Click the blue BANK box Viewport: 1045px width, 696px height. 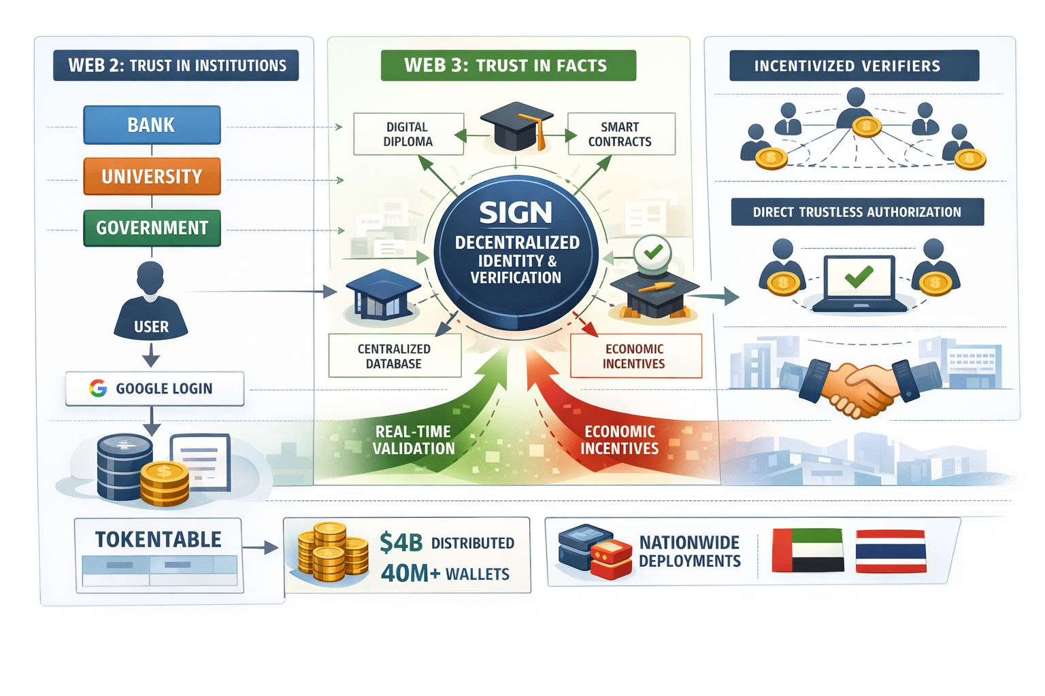point(152,125)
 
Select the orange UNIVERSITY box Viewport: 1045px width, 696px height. point(152,177)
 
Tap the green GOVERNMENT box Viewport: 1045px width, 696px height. point(152,228)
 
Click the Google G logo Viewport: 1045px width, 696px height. point(98,388)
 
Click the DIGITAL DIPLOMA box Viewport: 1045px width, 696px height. point(408,134)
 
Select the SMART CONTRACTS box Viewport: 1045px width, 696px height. point(620,134)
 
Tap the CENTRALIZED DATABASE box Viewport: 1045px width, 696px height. point(394,355)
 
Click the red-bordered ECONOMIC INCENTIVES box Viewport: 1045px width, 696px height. point(635,355)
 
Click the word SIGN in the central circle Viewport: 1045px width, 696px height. point(516,213)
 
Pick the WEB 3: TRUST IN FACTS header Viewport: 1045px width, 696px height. point(508,65)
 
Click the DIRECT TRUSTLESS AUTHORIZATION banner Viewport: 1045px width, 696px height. point(857,212)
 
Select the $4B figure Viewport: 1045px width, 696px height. point(401,542)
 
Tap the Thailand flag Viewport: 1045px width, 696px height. point(890,551)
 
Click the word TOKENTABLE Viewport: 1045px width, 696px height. point(159,540)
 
